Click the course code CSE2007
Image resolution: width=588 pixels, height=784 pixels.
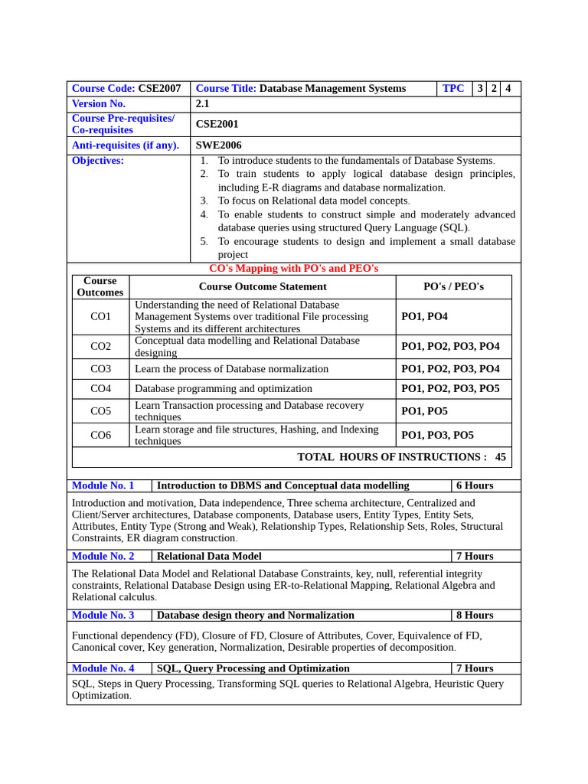159,88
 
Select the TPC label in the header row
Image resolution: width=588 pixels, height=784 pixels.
453,88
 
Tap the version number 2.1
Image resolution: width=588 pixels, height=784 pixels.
202,103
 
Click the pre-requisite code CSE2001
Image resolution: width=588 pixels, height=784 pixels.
217,124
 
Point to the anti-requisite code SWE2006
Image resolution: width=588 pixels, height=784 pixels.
218,145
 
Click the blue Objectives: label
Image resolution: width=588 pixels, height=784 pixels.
97,161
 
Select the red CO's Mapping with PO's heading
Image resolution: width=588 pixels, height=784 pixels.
293,269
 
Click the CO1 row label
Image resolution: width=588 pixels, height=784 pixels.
100,316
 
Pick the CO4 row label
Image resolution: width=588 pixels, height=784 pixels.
100,389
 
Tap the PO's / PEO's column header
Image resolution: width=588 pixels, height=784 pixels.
453,286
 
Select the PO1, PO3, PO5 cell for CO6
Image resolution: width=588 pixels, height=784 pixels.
437,435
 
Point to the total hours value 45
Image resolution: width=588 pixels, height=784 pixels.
500,457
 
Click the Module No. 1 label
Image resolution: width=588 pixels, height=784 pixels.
103,485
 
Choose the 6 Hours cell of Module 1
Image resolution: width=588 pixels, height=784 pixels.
475,485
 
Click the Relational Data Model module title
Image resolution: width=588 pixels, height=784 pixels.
209,556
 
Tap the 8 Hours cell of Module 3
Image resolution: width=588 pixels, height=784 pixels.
475,615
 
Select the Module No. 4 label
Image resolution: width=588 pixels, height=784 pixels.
103,668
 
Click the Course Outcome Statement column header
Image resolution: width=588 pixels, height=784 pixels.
263,286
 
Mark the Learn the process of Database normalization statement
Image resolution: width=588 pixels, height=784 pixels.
231,369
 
